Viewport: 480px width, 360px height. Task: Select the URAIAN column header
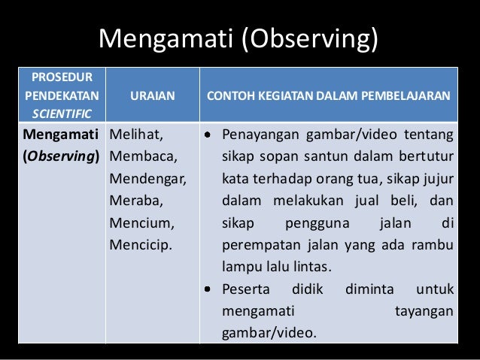(153, 95)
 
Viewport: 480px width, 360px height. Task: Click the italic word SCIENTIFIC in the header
(59, 113)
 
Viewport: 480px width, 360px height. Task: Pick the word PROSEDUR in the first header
(59, 77)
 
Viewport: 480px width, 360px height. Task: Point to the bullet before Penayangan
(209, 136)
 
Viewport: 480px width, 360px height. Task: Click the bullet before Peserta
(209, 289)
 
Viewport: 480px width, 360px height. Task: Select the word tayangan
(424, 310)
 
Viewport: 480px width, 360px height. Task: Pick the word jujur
(436, 180)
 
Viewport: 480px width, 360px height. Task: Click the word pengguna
(316, 223)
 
